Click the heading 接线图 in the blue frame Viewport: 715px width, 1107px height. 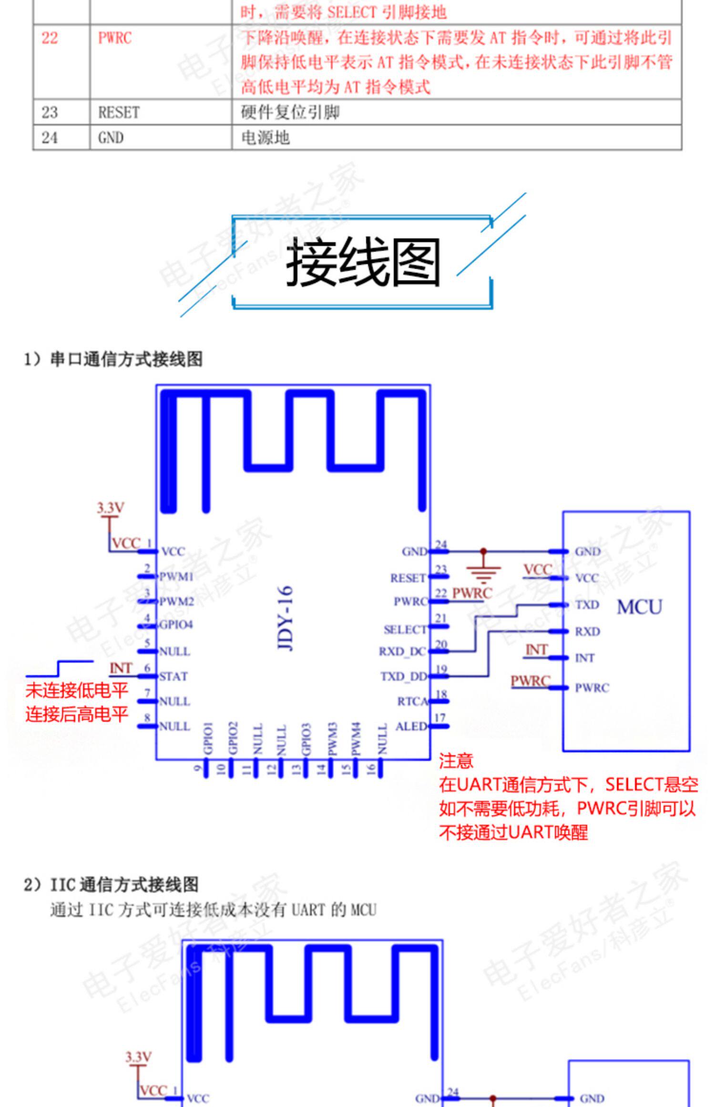[x=362, y=263]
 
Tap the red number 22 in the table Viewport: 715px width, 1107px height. [x=50, y=38]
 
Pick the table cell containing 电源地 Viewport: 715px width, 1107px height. [x=266, y=138]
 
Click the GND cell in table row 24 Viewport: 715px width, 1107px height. [x=111, y=138]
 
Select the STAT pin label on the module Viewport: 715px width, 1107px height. [x=174, y=676]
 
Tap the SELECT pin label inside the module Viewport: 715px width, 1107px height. [x=405, y=630]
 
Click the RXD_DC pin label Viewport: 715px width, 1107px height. [x=402, y=651]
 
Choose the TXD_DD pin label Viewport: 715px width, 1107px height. [x=403, y=676]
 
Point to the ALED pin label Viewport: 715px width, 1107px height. [x=411, y=727]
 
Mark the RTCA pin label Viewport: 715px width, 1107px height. [x=412, y=701]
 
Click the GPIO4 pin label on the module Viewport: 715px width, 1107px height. [x=176, y=625]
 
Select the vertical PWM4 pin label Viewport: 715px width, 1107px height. [x=356, y=738]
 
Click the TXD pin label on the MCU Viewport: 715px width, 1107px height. [x=587, y=605]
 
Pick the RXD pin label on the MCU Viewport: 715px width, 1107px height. [x=587, y=632]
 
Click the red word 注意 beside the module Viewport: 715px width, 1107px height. [x=456, y=761]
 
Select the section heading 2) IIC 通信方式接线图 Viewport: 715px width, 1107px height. [x=111, y=885]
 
